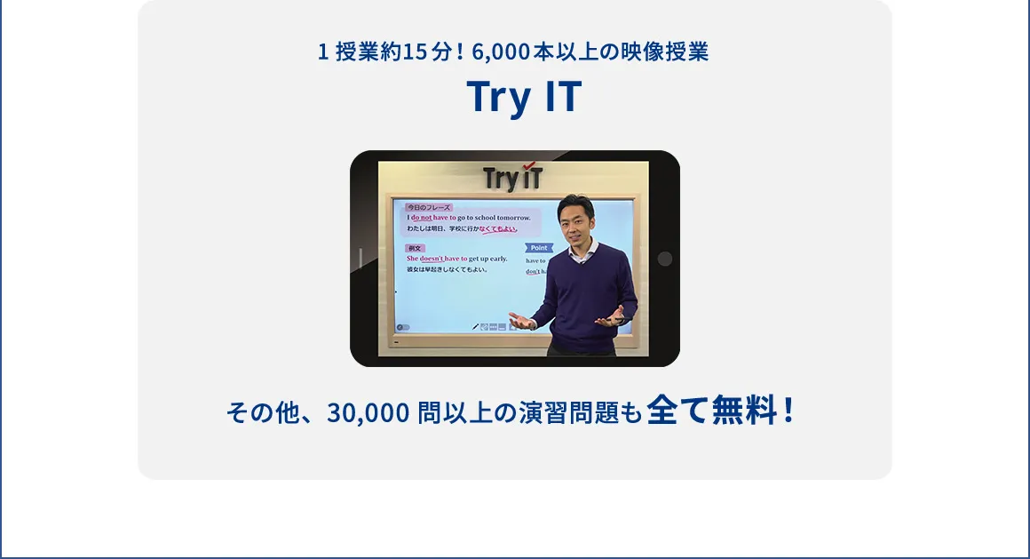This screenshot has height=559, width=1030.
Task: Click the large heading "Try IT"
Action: (x=524, y=98)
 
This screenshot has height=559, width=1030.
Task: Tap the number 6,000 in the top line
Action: (x=501, y=52)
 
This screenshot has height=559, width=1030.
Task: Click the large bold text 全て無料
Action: (x=711, y=411)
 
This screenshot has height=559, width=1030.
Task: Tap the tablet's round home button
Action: (x=664, y=259)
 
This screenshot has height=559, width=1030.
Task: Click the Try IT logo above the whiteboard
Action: (x=512, y=177)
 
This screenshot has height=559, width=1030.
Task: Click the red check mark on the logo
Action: (x=531, y=165)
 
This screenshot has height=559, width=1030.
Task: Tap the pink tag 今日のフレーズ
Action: (x=429, y=207)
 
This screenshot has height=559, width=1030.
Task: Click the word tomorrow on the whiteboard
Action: (x=514, y=218)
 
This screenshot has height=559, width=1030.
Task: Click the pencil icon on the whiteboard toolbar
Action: (x=475, y=326)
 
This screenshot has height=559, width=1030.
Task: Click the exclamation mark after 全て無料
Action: (x=788, y=411)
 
